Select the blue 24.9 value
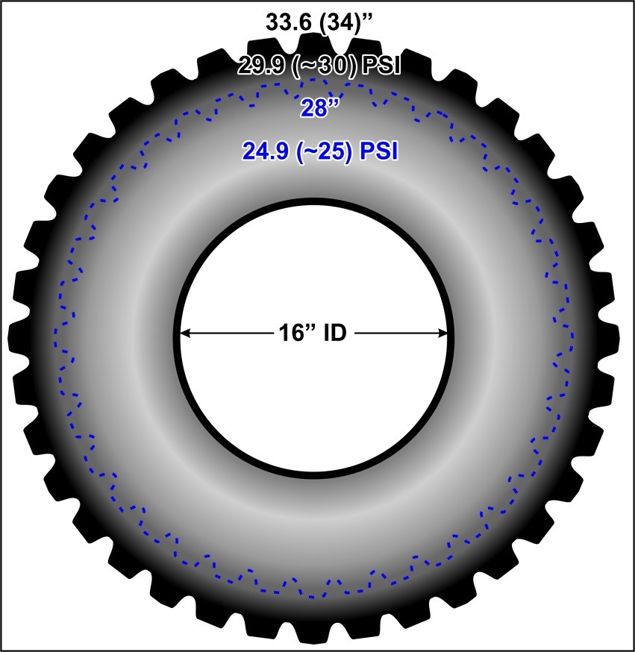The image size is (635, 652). coord(266,151)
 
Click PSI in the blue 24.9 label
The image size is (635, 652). coord(378,151)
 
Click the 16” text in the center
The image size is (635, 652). coord(296,333)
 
